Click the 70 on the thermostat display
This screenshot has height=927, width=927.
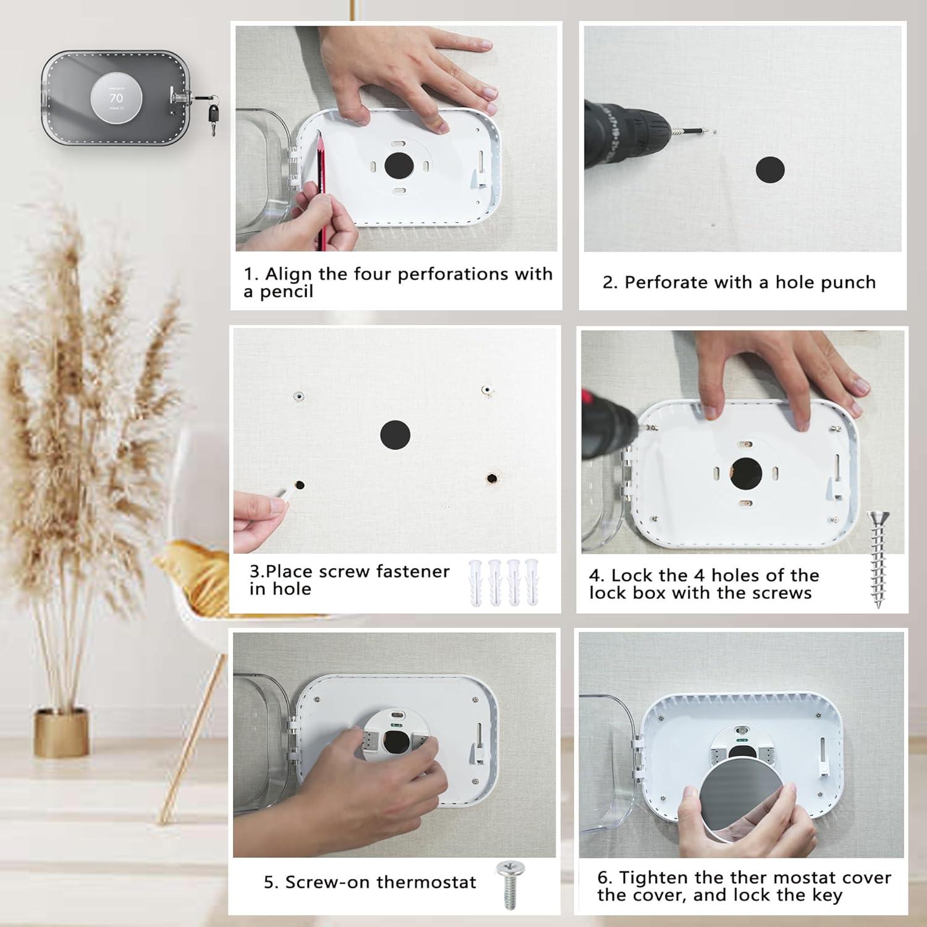pyautogui.click(x=116, y=98)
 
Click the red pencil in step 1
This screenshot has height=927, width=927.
pyautogui.click(x=322, y=185)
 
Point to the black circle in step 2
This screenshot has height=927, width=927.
pyautogui.click(x=770, y=169)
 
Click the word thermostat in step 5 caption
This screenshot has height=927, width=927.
pyautogui.click(x=426, y=882)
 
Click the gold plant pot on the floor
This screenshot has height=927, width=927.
pyautogui.click(x=61, y=732)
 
